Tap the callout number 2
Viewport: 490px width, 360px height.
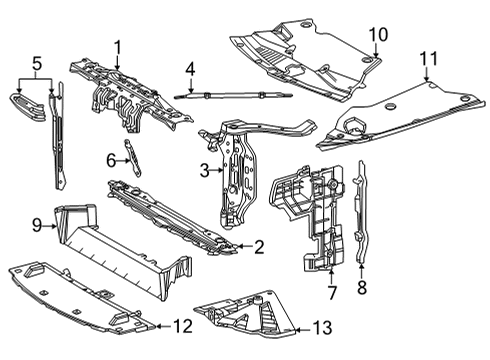pyautogui.click(x=258, y=246)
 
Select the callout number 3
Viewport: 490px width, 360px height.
pyautogui.click(x=203, y=171)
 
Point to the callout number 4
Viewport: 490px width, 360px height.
pyautogui.click(x=188, y=70)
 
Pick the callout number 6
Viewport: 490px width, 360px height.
pyautogui.click(x=112, y=159)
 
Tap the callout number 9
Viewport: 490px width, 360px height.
pyautogui.click(x=35, y=226)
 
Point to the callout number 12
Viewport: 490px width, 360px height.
pyautogui.click(x=180, y=325)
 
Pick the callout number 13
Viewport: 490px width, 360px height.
pyautogui.click(x=320, y=329)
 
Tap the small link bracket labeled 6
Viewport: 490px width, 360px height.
pyautogui.click(x=129, y=156)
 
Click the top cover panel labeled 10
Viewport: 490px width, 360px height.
pyautogui.click(x=300, y=60)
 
